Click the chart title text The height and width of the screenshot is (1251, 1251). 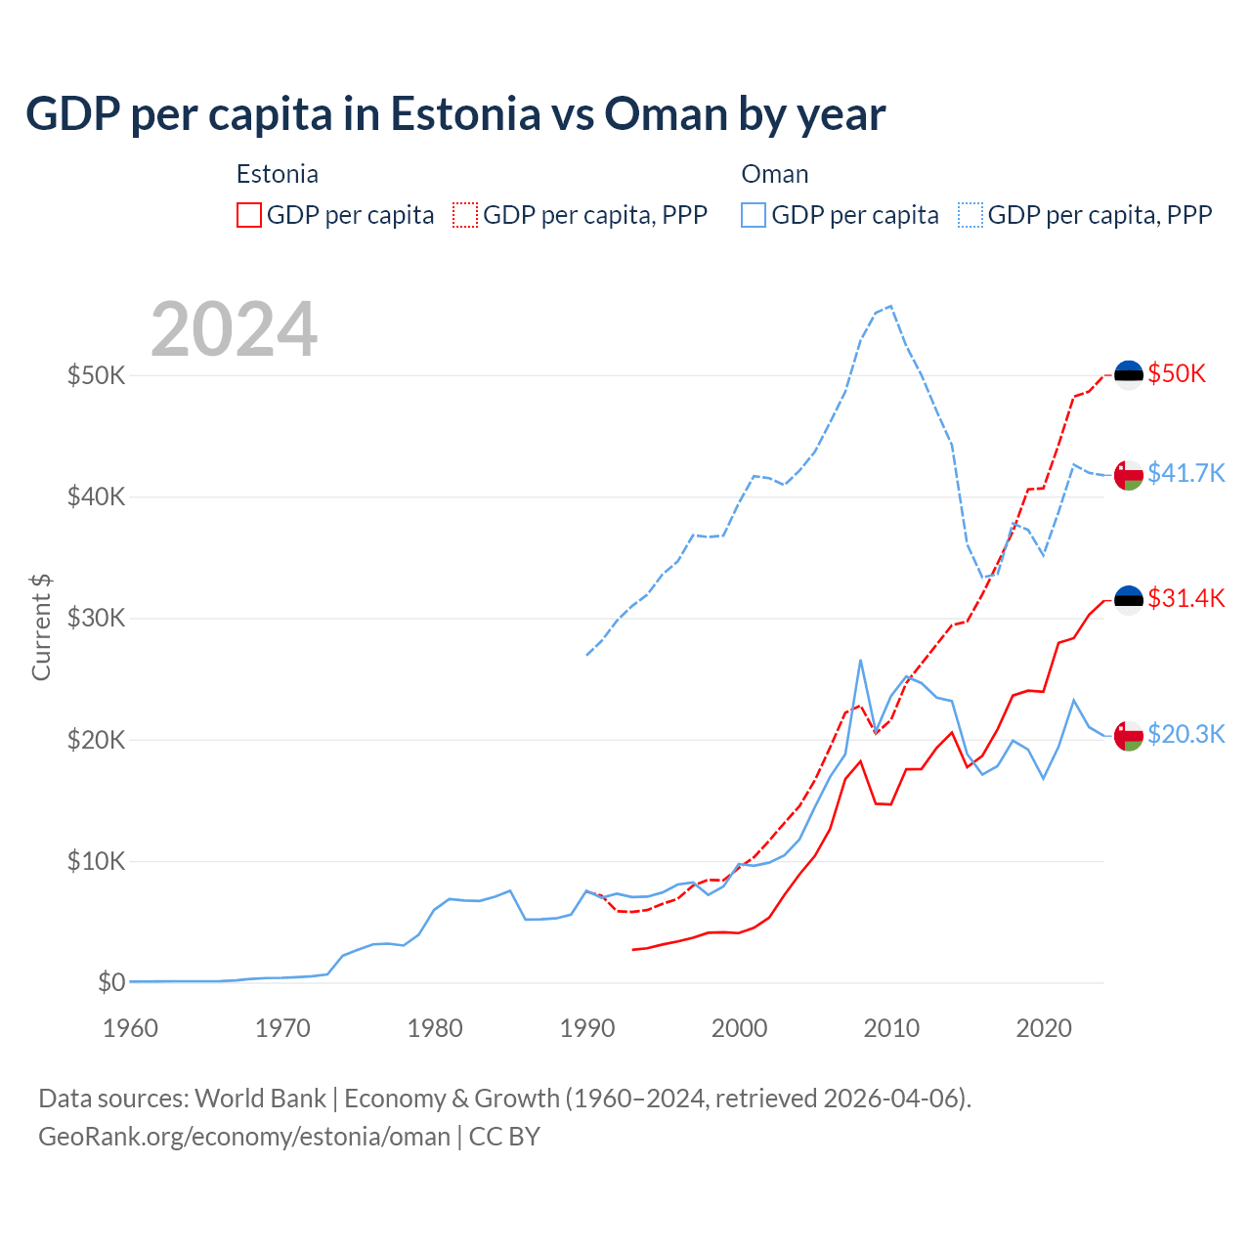455,114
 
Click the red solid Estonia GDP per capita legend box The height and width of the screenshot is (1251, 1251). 249,215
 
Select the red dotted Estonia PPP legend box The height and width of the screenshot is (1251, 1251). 465,215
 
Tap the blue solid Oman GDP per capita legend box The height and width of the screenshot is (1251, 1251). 754,215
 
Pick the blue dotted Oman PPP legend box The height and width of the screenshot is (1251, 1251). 971,215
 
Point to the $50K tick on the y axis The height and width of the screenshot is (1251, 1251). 96,375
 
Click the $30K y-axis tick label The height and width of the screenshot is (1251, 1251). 96,619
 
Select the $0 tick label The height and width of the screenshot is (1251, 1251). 111,982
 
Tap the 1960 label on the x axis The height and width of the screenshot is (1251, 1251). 130,1028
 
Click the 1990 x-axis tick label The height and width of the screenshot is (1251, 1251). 587,1028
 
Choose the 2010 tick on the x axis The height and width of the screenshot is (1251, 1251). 891,1028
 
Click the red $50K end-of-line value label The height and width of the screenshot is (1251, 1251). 1177,373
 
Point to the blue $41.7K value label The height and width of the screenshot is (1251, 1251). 1186,473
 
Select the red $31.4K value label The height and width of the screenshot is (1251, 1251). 1186,598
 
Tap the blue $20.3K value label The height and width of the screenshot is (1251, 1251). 1186,734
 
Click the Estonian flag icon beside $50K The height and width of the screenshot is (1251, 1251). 1129,374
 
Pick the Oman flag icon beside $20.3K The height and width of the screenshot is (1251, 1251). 1129,735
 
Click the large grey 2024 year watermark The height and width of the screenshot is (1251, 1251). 235,329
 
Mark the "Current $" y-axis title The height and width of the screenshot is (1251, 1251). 41,627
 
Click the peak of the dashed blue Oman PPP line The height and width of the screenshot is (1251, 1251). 890,306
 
